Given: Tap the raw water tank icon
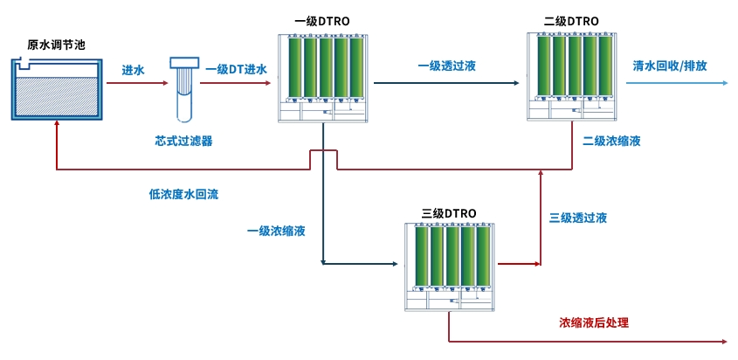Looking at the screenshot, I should [55, 88].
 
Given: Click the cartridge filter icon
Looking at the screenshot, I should [185, 88].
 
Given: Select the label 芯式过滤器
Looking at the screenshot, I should [184, 140].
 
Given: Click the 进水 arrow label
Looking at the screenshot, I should [133, 70].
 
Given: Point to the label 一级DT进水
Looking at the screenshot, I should [236, 70].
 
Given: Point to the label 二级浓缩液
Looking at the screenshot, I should [612, 140].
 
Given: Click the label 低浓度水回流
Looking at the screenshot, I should [183, 194].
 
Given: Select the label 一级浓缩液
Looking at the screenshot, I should [276, 231].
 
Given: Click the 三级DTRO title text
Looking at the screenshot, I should [449, 213].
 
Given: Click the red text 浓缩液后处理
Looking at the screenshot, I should [594, 322].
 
